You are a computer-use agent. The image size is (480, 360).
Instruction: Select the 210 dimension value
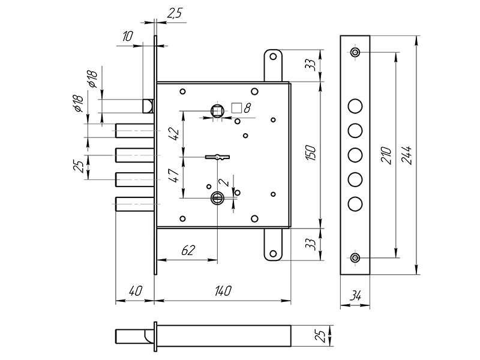click(388, 156)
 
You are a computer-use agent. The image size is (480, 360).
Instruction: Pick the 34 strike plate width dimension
click(355, 295)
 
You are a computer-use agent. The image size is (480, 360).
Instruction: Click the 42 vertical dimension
click(174, 134)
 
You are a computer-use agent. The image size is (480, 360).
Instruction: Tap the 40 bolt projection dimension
click(134, 290)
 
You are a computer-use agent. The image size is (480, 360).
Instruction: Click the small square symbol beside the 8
click(236, 108)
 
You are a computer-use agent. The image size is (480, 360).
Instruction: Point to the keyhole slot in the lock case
click(217, 157)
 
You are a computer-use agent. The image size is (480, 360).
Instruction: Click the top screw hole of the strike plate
click(355, 53)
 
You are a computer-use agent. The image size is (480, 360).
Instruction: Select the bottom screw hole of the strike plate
click(355, 258)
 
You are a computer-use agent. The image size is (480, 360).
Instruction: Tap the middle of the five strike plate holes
click(355, 155)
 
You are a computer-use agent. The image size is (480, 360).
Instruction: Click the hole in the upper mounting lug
click(274, 58)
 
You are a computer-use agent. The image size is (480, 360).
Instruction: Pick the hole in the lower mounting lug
click(274, 253)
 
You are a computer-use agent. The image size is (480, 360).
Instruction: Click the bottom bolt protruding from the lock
click(133, 204)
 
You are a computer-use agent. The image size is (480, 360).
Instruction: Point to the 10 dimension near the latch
click(127, 37)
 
